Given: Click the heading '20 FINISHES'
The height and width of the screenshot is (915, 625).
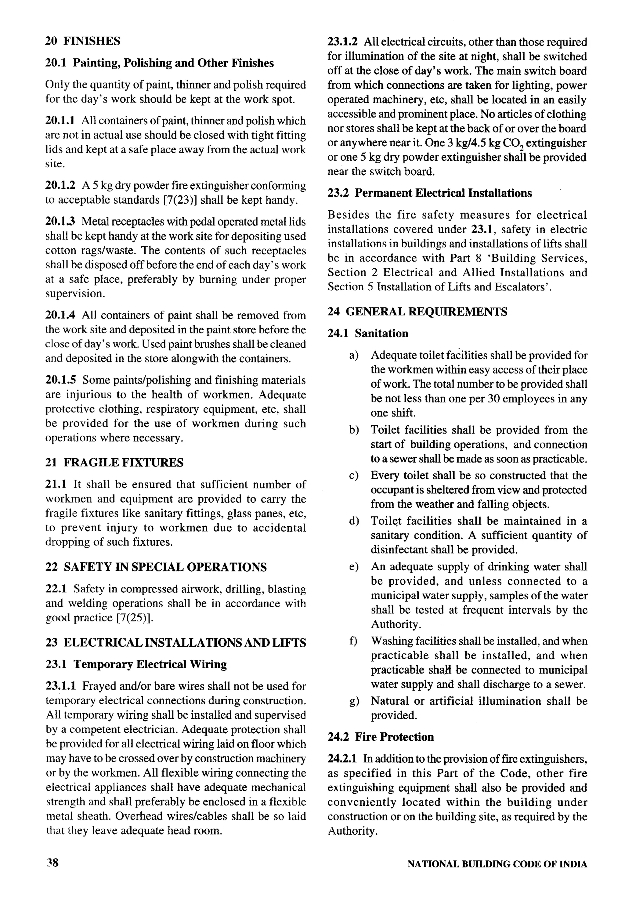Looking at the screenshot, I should [x=83, y=41].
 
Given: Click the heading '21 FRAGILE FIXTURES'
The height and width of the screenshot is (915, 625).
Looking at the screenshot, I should [x=114, y=462].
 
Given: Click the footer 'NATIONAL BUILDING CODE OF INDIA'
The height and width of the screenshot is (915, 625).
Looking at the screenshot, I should [x=497, y=864].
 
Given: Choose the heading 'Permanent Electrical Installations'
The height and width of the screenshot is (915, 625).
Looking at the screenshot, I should [x=443, y=193].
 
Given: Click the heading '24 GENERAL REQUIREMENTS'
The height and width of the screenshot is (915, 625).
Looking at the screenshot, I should [x=417, y=312].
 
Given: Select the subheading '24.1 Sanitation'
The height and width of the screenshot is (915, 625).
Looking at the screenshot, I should [x=368, y=333].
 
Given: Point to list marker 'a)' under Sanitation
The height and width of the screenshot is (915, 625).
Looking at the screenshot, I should [x=353, y=355].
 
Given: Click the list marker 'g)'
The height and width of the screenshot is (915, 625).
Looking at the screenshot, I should [x=353, y=701].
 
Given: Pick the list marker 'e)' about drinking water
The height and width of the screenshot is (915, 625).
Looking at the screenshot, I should [x=353, y=567].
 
